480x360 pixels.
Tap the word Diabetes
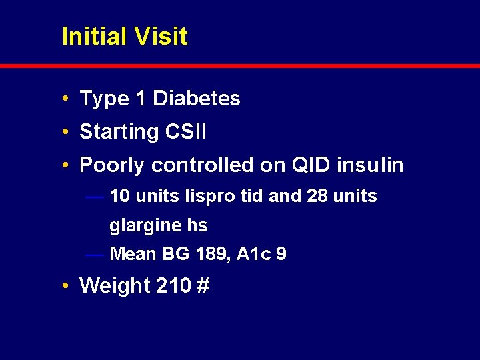(196, 99)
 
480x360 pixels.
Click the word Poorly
(111, 165)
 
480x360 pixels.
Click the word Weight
(114, 285)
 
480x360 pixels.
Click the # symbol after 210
(203, 285)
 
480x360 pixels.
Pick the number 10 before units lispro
(120, 196)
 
